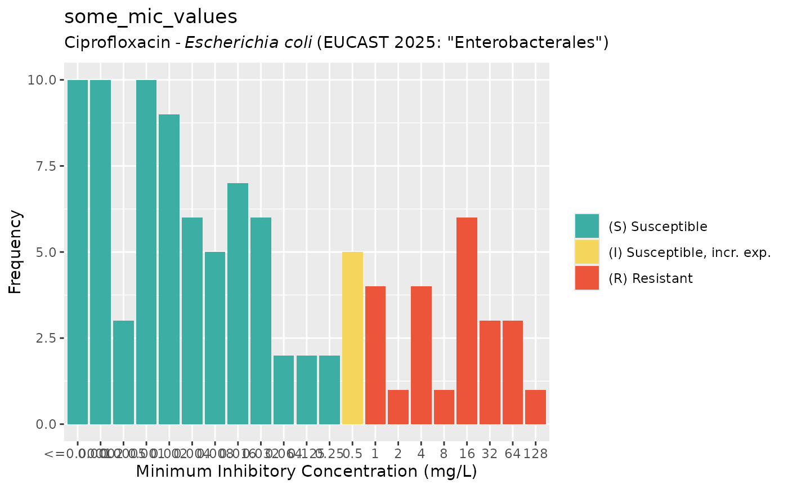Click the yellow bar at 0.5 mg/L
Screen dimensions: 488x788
(352, 338)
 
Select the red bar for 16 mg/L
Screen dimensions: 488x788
(467, 321)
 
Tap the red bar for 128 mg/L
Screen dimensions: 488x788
(535, 407)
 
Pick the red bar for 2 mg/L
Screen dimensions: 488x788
(398, 407)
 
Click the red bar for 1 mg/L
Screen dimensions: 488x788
(375, 355)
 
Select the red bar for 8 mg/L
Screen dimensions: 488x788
(444, 407)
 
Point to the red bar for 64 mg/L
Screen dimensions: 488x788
(513, 372)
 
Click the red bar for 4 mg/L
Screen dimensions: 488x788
(421, 355)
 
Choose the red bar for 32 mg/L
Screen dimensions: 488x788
(490, 372)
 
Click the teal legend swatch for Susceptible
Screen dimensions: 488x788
(587, 227)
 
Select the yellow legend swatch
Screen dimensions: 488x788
(587, 252)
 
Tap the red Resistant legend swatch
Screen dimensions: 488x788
(587, 278)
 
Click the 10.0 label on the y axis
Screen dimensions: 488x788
(43, 80)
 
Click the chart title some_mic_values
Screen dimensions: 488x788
(151, 17)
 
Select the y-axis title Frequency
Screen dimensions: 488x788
(16, 252)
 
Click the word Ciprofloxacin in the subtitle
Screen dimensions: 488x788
(115, 42)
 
